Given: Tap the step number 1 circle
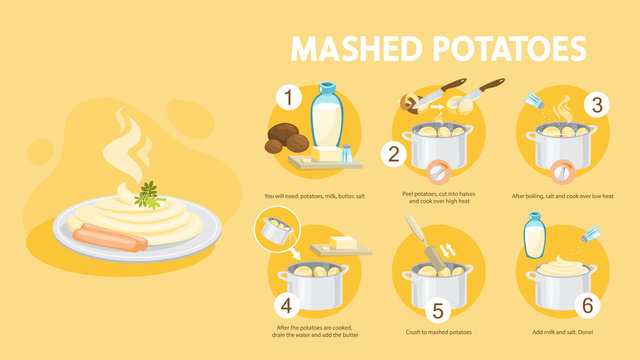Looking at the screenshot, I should pyautogui.click(x=289, y=98).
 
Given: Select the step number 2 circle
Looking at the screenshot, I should pyautogui.click(x=394, y=154).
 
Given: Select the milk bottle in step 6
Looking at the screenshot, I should pyautogui.click(x=537, y=238).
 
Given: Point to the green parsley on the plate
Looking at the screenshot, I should pyautogui.click(x=150, y=194).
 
